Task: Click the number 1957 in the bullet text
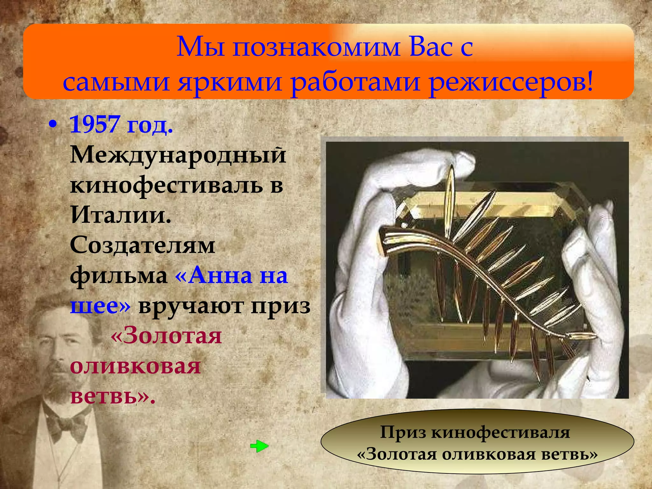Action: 94,124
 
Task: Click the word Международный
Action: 178,155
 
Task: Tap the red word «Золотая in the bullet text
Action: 166,336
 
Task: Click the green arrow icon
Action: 259,446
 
